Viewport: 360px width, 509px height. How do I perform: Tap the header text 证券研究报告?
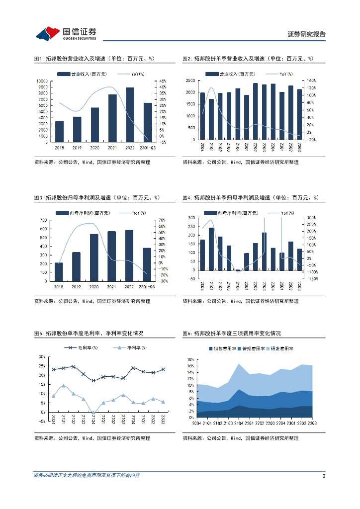[306, 34]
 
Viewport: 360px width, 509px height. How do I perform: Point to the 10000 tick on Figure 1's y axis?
[42, 81]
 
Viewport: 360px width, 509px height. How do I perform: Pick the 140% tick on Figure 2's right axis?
[311, 81]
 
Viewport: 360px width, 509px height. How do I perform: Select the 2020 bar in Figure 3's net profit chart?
[94, 257]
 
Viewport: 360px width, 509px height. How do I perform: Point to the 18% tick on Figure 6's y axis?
[190, 359]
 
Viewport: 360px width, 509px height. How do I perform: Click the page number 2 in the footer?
[324, 476]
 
